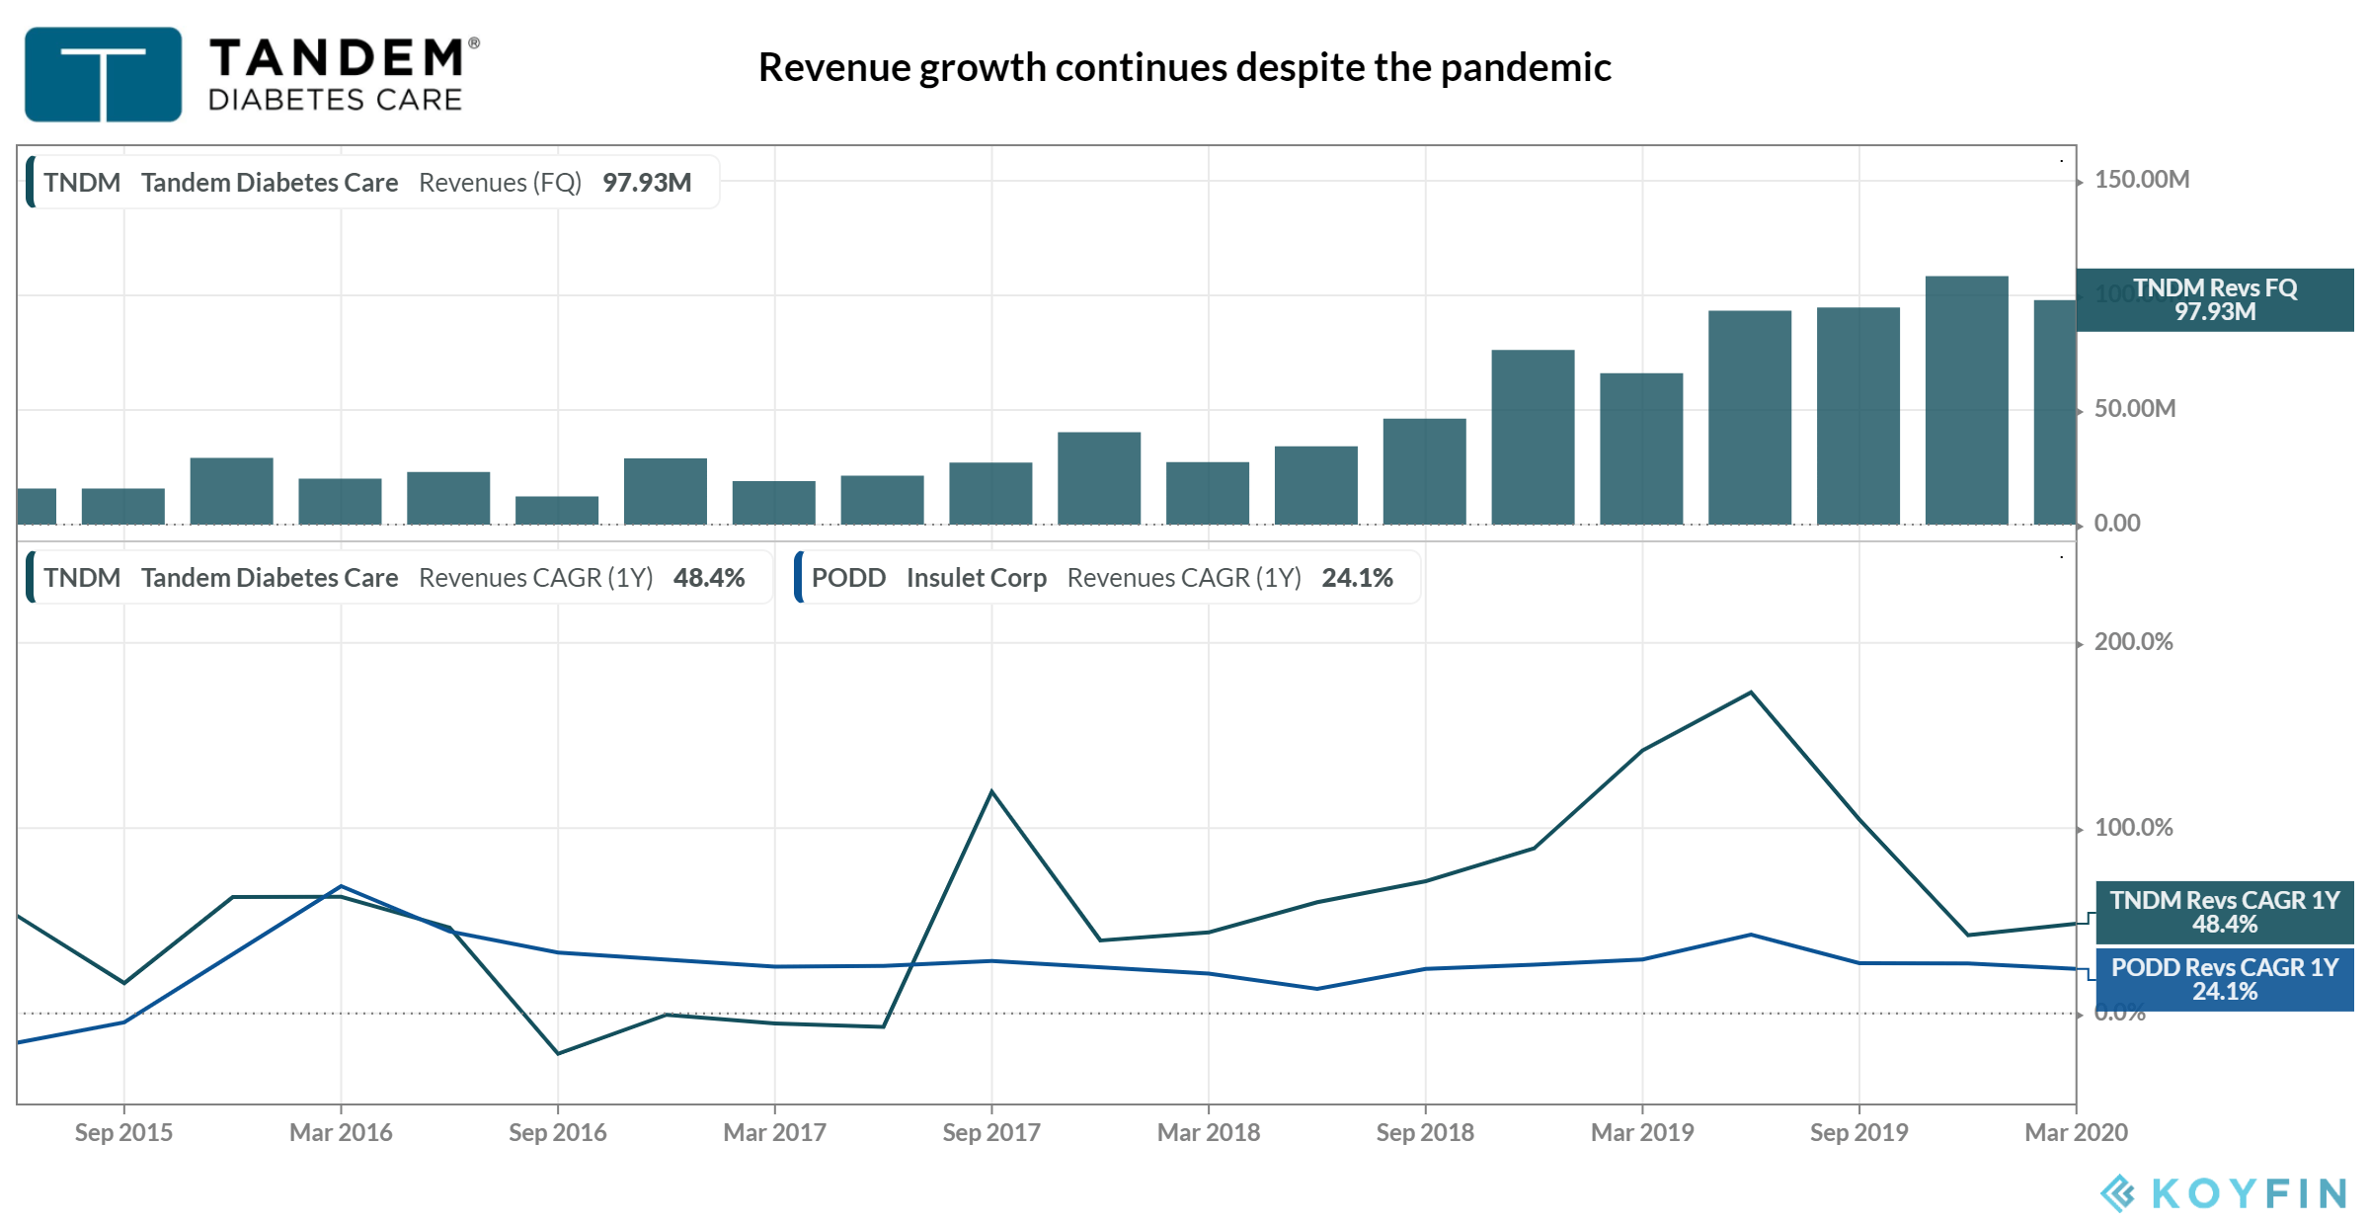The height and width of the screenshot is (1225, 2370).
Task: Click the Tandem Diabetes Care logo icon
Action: (x=103, y=74)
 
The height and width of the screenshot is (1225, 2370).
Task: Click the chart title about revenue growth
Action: (x=1184, y=67)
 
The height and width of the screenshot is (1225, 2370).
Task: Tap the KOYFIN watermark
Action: (x=2223, y=1193)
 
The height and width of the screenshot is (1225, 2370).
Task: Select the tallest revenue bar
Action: (x=1966, y=400)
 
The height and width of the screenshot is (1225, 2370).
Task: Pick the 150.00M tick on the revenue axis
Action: (x=2141, y=180)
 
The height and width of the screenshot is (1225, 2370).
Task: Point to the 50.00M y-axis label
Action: (x=2134, y=409)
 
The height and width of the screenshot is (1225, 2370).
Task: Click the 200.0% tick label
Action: (x=2133, y=642)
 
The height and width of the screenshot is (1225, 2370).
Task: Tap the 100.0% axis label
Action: (x=2133, y=828)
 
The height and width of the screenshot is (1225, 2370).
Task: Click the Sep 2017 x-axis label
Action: (x=991, y=1132)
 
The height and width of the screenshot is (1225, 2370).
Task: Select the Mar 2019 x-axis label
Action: (x=1642, y=1132)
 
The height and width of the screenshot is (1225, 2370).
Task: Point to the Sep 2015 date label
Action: (x=123, y=1132)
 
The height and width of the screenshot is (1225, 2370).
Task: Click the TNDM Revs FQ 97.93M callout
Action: (x=2215, y=299)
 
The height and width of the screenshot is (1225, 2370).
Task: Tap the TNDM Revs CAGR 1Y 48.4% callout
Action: (x=2224, y=912)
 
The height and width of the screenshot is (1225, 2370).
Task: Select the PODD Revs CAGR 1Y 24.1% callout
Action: (x=2224, y=979)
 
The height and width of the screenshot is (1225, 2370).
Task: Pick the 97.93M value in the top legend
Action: (x=647, y=183)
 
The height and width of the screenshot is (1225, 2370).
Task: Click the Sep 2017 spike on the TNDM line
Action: (x=991, y=791)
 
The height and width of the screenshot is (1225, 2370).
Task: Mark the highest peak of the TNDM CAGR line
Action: (x=1751, y=693)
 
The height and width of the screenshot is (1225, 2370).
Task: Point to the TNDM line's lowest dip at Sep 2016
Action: (x=558, y=1053)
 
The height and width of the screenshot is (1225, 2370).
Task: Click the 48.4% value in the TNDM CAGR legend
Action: (x=709, y=578)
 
